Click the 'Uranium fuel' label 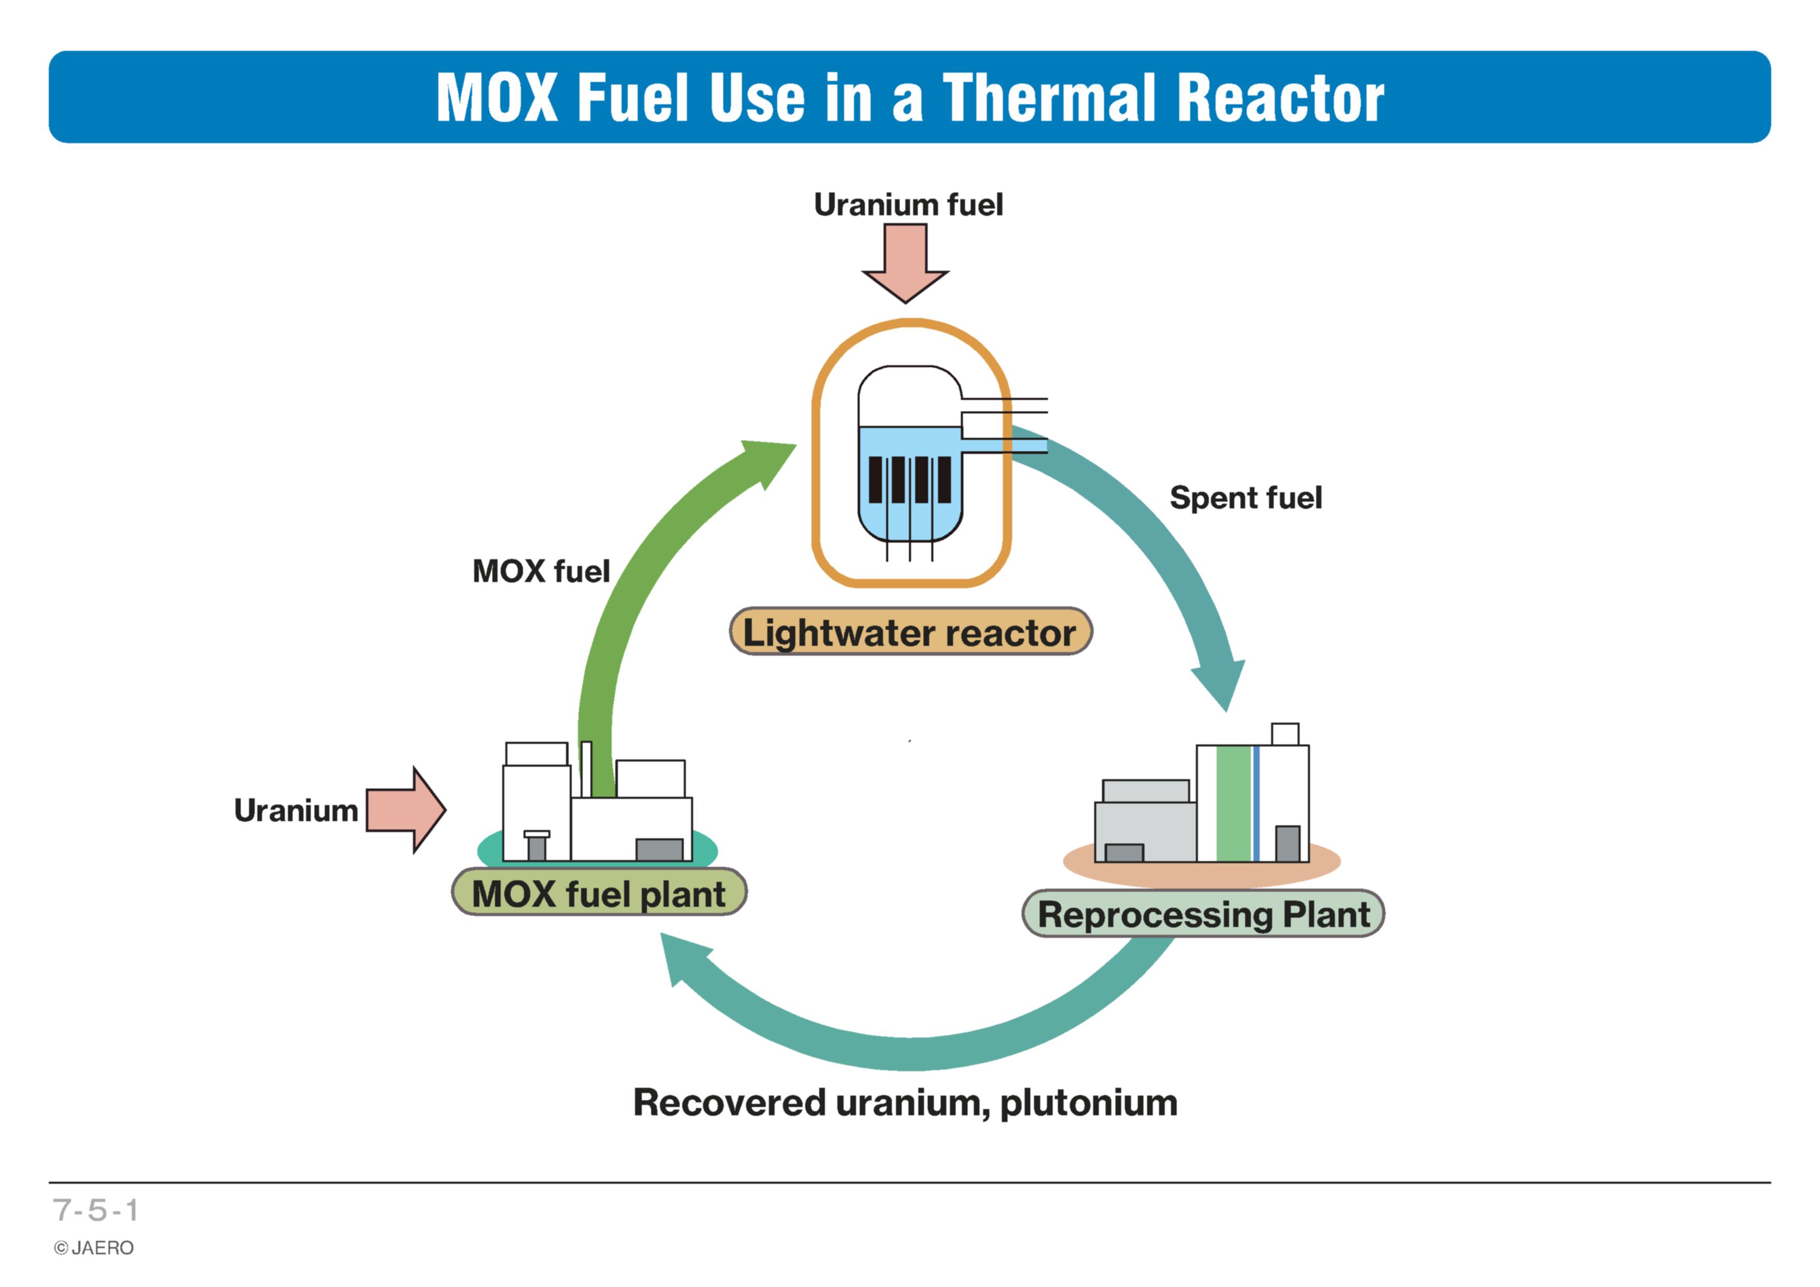[x=908, y=204]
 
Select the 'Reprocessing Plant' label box [x=1203, y=913]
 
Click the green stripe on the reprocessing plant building [x=1233, y=804]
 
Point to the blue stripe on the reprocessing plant [x=1257, y=804]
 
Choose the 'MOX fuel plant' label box [x=599, y=892]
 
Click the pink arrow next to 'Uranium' [x=406, y=810]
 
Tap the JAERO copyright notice [x=93, y=1248]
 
